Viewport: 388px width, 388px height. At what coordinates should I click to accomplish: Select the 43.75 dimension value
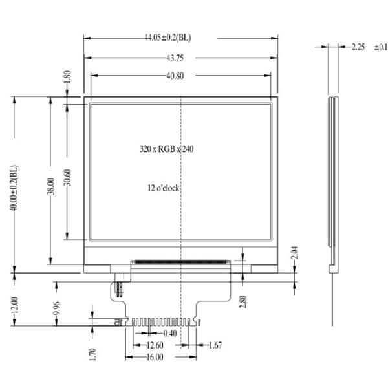coord(175,58)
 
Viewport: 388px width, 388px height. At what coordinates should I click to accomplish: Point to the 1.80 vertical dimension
coord(68,79)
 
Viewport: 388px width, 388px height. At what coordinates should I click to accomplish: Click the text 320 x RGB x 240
coord(167,149)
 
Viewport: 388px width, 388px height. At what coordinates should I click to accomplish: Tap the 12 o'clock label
coord(163,188)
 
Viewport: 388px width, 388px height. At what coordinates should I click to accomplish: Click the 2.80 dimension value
coord(242,301)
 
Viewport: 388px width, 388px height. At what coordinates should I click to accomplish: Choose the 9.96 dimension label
coord(57,309)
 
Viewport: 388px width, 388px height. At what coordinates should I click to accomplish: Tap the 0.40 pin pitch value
coord(170,333)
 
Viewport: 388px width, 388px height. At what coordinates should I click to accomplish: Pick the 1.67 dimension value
coord(215,345)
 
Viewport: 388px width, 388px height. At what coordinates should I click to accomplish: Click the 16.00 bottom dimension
coord(154,357)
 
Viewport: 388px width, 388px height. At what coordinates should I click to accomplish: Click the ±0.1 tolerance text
coord(380,47)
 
